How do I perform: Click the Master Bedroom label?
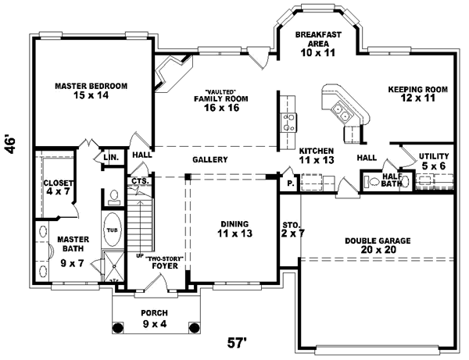(91, 91)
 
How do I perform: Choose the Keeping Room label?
(417, 94)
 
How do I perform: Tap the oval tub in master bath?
(112, 230)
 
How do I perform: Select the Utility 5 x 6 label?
(432, 161)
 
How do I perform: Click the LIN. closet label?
(110, 158)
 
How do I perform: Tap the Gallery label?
(210, 159)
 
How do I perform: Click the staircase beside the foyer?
(141, 223)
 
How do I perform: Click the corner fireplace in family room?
(168, 75)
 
